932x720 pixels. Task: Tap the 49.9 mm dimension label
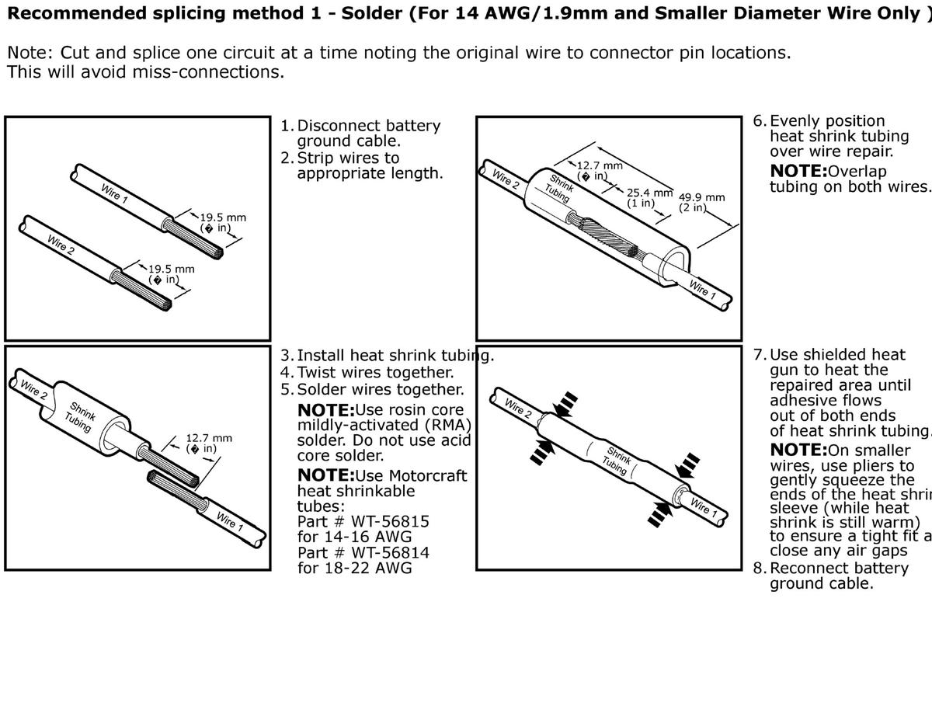coord(701,197)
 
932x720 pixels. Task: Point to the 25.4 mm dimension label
coord(649,193)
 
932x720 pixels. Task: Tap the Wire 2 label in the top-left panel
coord(61,244)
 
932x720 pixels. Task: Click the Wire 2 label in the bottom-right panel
coord(517,408)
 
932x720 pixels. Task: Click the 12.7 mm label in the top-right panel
coord(600,165)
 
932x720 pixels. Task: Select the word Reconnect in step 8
coord(808,568)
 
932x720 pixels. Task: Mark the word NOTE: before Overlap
coord(798,171)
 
